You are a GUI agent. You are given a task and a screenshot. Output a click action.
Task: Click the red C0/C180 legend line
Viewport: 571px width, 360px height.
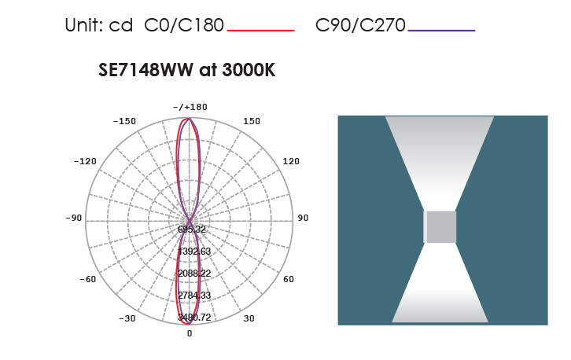261,31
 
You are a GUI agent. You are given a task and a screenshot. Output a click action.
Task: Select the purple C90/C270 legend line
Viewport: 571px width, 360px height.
441,31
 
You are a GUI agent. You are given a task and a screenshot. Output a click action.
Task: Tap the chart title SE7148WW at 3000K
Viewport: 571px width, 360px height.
187,69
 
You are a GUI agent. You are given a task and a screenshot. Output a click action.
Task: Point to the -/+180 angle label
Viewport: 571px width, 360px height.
190,107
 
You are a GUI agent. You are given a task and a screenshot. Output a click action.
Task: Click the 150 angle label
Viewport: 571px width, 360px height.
252,121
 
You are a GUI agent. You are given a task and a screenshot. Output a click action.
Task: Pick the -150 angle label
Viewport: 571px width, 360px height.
124,121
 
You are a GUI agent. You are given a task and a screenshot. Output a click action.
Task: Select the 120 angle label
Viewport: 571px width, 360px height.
291,161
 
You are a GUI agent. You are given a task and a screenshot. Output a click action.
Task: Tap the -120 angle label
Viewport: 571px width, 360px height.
85,161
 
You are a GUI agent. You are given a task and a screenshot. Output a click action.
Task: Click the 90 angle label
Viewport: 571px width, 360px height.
303,218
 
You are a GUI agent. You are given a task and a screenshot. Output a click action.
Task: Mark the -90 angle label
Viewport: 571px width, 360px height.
74,218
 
